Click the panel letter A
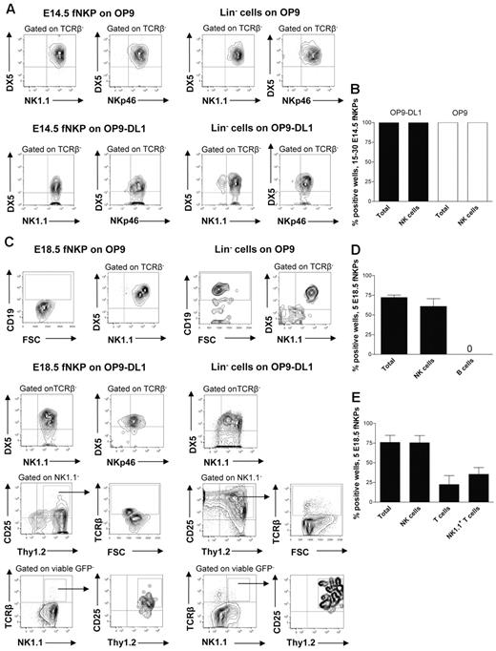click(7, 9)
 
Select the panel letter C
click(7, 238)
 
